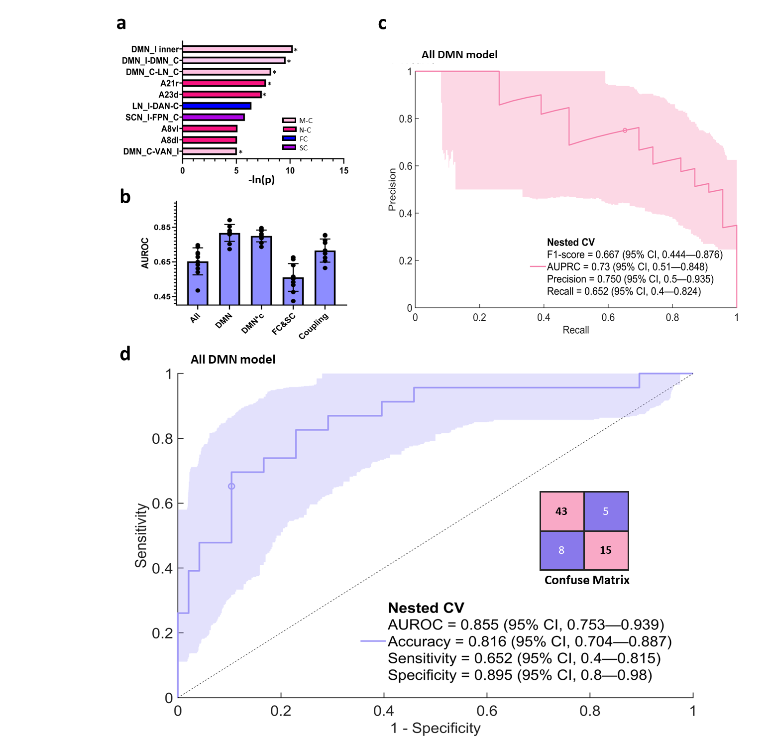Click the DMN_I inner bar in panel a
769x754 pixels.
(237, 49)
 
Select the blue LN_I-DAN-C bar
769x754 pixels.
(217, 106)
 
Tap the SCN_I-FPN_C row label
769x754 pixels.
(152, 118)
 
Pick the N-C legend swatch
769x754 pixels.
(289, 129)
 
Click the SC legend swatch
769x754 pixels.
(289, 147)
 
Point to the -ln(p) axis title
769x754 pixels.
(261, 180)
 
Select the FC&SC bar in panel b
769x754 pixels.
(293, 291)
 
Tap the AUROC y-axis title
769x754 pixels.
(145, 253)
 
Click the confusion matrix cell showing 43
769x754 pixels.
(562, 511)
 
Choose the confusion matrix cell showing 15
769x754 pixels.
(606, 550)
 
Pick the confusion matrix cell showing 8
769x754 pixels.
(562, 550)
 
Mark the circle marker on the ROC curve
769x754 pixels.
(231, 487)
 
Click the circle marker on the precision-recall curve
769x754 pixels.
(625, 130)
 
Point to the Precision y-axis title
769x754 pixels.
(392, 189)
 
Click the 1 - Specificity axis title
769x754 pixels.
(436, 728)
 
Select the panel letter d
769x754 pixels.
(125, 354)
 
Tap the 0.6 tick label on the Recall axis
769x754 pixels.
(608, 318)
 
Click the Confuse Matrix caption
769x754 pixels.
(587, 580)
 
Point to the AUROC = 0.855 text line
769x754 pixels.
(526, 625)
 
